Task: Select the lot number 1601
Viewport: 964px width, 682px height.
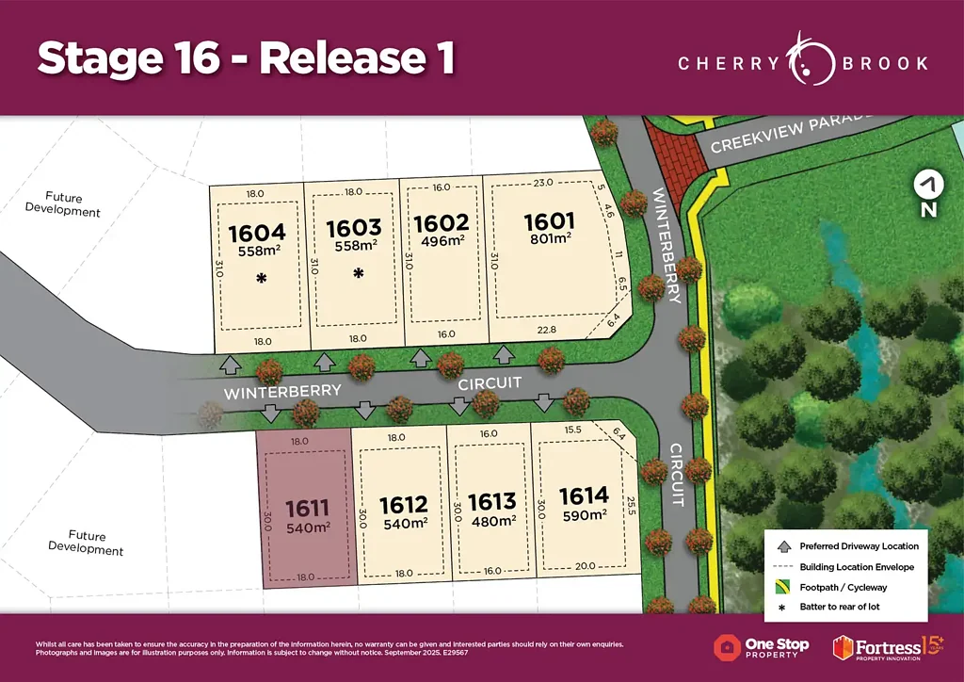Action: [549, 222]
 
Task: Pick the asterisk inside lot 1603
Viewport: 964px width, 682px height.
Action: [358, 274]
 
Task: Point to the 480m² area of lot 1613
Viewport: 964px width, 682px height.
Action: [492, 521]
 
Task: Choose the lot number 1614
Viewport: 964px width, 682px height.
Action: [584, 495]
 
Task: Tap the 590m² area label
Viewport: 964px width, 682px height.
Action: [584, 516]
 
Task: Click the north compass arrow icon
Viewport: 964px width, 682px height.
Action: [929, 184]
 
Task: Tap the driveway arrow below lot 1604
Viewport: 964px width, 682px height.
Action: [227, 364]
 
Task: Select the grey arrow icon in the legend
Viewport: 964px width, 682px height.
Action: [781, 545]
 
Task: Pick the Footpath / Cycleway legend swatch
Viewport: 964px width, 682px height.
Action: [781, 587]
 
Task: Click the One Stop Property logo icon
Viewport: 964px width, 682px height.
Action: [727, 648]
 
